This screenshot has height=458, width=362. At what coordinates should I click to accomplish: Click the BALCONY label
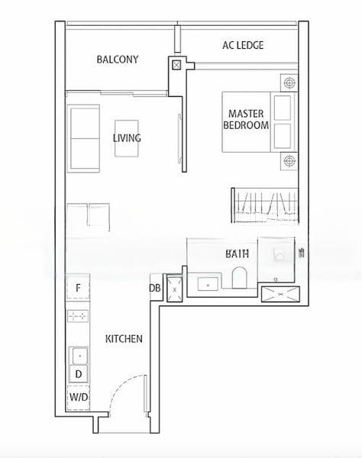(x=118, y=60)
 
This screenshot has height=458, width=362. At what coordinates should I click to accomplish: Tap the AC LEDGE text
(x=243, y=45)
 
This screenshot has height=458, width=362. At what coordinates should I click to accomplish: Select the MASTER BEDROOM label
(x=246, y=120)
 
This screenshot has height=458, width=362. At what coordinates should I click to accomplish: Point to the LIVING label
(x=127, y=138)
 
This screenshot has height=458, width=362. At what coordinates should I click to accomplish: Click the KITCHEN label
(x=124, y=339)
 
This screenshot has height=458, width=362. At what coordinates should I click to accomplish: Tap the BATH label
(x=237, y=254)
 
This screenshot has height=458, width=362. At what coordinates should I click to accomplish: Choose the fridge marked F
(x=78, y=288)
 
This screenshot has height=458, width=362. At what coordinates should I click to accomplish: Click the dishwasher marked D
(x=78, y=373)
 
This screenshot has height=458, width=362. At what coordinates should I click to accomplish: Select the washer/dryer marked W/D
(x=79, y=398)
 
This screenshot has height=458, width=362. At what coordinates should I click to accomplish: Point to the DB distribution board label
(x=155, y=288)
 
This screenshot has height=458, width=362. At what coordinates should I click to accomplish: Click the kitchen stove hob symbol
(x=78, y=316)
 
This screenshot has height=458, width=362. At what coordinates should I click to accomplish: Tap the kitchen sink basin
(x=79, y=356)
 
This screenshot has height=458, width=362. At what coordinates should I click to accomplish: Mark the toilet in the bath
(x=240, y=278)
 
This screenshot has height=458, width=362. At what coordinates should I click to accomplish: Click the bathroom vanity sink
(x=208, y=284)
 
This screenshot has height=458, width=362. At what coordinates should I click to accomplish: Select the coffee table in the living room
(x=127, y=138)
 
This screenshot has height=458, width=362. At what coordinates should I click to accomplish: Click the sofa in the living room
(x=83, y=138)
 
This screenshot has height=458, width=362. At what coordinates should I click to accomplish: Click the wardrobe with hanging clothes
(x=265, y=205)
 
